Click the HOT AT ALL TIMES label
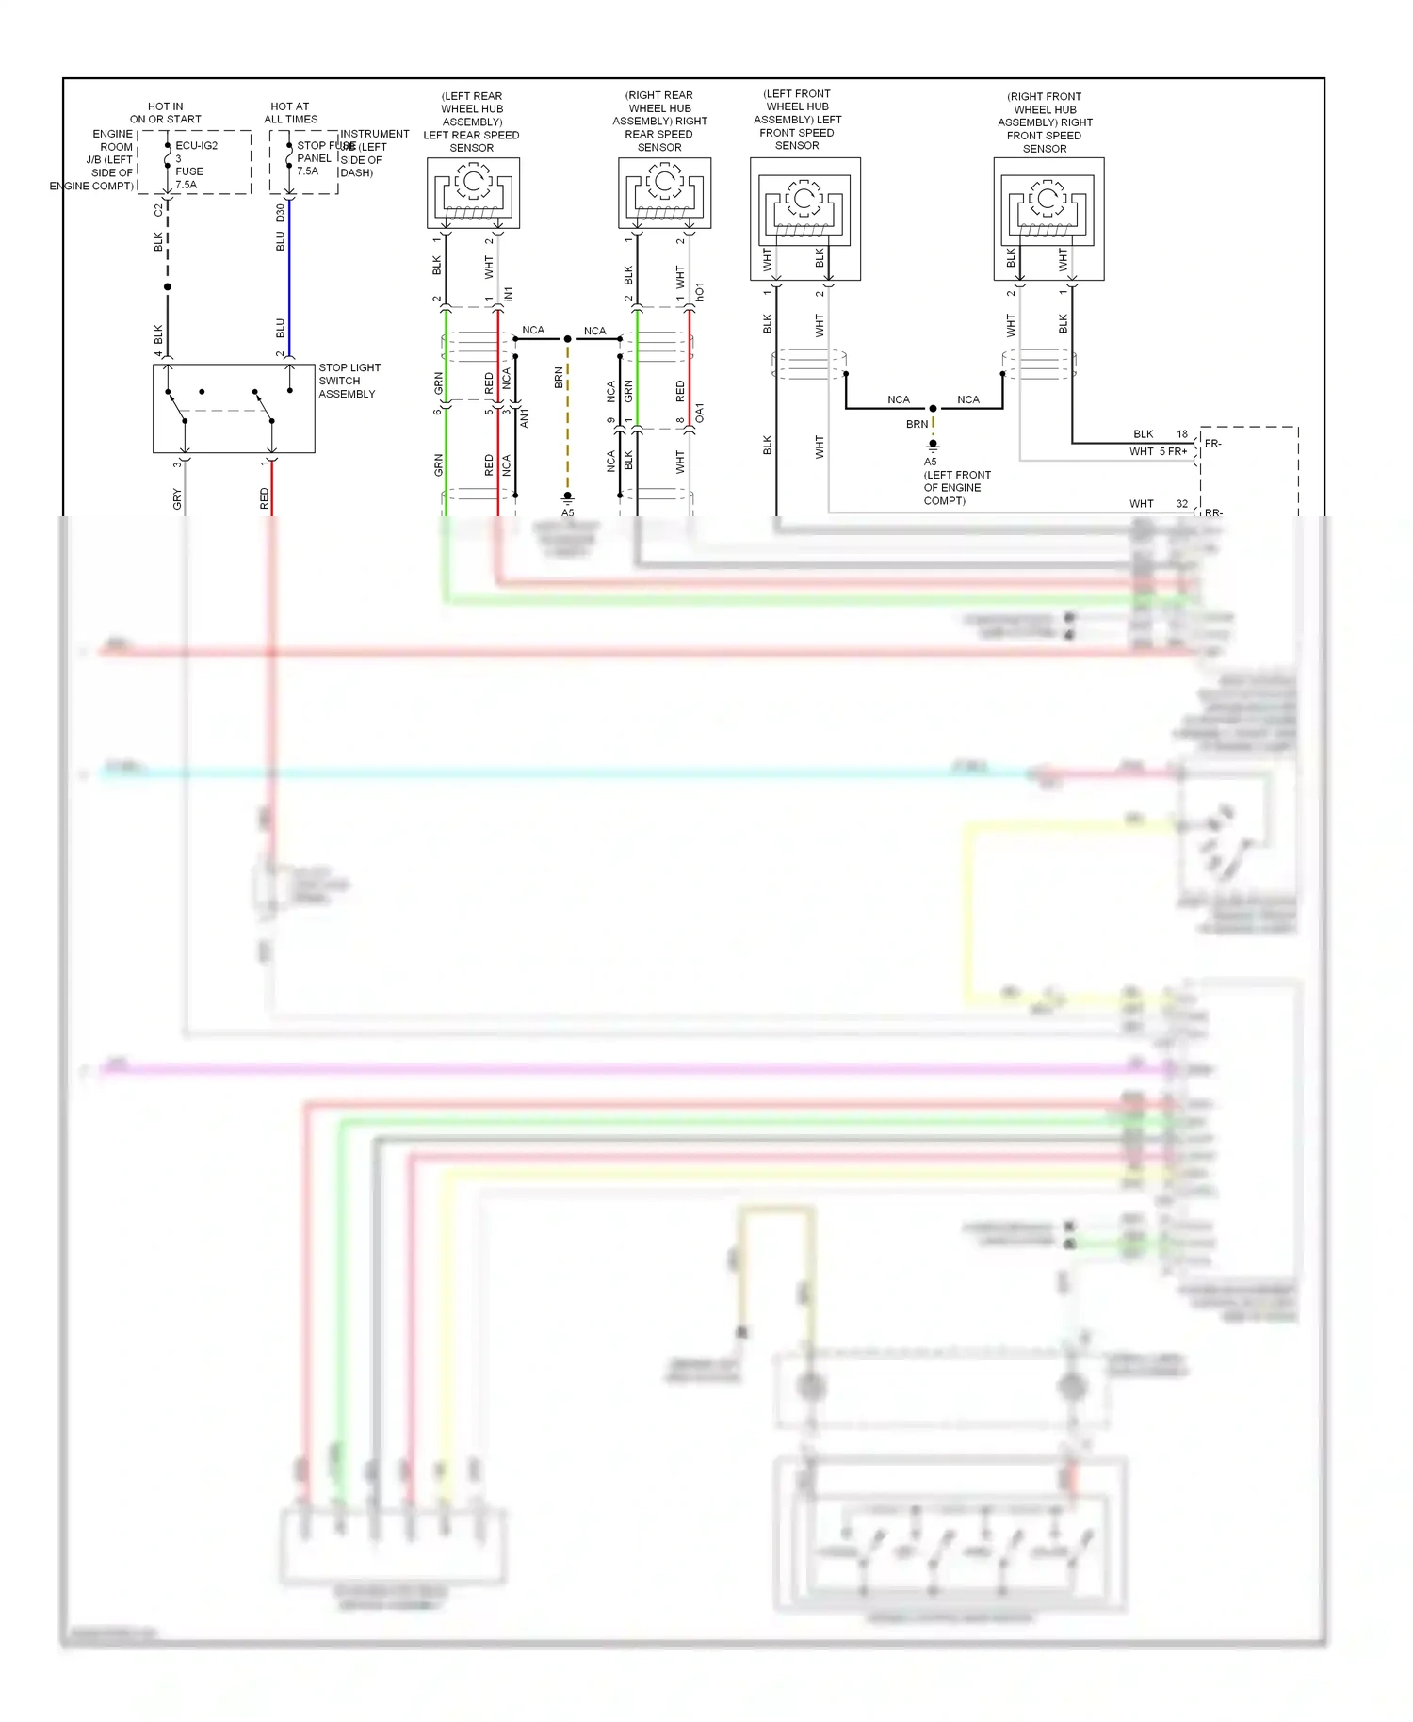[290, 113]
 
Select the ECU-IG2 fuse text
[196, 146]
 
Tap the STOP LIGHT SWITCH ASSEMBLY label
[349, 381]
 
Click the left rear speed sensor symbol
[473, 192]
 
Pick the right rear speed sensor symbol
[664, 192]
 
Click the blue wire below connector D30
[289, 283]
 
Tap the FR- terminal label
[1213, 443]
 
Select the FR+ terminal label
[1177, 452]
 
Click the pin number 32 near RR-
[1181, 504]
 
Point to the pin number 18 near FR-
[1181, 434]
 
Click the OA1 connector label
[700, 413]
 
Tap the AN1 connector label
[525, 417]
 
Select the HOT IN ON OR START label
[166, 113]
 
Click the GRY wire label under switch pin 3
[177, 499]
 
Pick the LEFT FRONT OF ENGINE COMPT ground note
[956, 488]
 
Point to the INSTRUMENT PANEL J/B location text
[374, 154]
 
